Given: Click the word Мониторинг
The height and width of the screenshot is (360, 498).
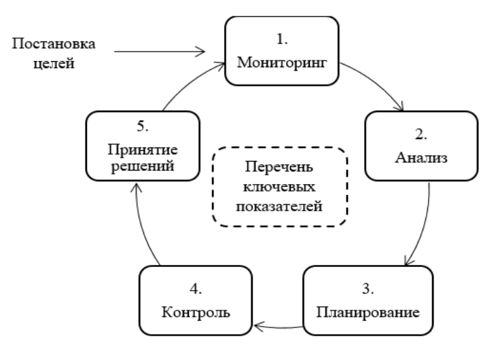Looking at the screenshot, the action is [x=282, y=62].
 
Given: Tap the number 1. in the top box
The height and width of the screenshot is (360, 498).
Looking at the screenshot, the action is [x=282, y=39].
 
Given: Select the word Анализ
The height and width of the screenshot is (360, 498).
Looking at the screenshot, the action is [x=421, y=158].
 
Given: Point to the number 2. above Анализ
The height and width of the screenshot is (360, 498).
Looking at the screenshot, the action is [x=421, y=134].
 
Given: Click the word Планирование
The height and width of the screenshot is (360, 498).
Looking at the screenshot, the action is [x=368, y=312].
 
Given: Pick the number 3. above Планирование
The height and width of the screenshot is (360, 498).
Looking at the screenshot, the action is [x=368, y=289].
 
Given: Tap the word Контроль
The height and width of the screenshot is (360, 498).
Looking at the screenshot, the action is [x=196, y=312].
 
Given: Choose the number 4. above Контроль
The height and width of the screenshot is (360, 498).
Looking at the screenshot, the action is [x=196, y=289].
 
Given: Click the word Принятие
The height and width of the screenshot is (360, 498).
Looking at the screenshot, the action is [x=143, y=150].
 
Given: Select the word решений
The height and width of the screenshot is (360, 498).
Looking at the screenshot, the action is [x=143, y=166].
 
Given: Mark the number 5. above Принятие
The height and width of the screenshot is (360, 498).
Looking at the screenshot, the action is [x=143, y=126].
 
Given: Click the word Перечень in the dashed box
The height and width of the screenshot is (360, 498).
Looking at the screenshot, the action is [x=279, y=167].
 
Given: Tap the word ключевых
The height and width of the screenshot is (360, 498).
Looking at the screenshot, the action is [x=279, y=186].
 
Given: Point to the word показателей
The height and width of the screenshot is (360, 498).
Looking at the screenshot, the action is [x=279, y=206].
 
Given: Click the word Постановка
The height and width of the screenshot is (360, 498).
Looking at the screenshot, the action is [x=54, y=43].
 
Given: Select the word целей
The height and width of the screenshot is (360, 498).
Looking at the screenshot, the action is [x=54, y=63].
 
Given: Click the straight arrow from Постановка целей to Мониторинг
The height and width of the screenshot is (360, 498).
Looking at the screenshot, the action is [x=160, y=52].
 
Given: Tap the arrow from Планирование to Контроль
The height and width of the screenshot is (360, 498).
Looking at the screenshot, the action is [x=279, y=327].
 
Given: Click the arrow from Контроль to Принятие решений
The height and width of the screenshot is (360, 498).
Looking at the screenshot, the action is [x=142, y=225].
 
